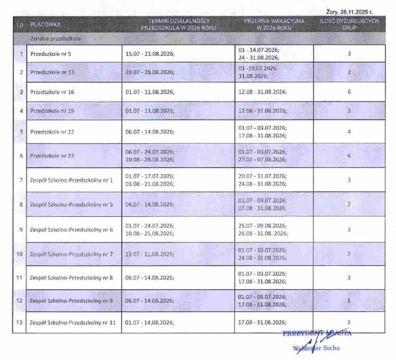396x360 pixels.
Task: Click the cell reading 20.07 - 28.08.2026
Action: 150,72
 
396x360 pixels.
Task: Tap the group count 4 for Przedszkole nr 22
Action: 349,132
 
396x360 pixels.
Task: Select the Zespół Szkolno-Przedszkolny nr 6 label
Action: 71,229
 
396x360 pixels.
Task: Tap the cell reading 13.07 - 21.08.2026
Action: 150,254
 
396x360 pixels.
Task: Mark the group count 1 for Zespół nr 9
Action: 349,300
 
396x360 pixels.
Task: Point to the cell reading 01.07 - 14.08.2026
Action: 150,322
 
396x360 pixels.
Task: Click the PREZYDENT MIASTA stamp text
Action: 317,334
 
